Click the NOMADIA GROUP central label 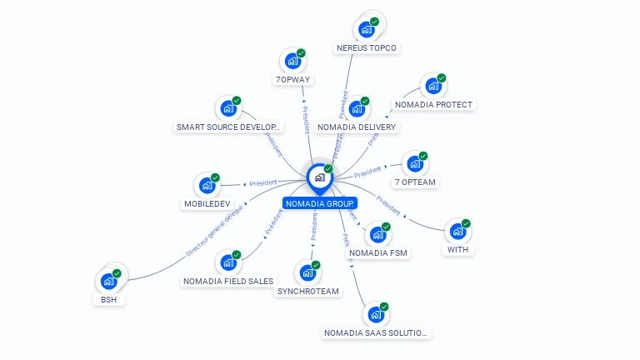(x=320, y=203)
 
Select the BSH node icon (x=108, y=281)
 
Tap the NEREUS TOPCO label (x=366, y=47)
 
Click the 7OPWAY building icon (x=292, y=61)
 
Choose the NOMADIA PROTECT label (x=433, y=105)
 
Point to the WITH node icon (x=457, y=231)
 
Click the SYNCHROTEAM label (x=307, y=292)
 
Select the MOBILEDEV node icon (x=206, y=186)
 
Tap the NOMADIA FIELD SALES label (x=227, y=281)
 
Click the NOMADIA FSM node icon (x=378, y=234)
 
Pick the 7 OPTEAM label (x=415, y=182)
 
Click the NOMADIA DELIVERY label (x=357, y=127)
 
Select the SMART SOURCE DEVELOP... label (x=229, y=127)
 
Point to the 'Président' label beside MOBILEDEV (x=263, y=183)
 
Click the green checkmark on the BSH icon (x=117, y=273)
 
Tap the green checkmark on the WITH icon (x=466, y=223)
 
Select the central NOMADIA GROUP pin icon (x=319, y=177)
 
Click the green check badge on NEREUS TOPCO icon (x=374, y=22)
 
